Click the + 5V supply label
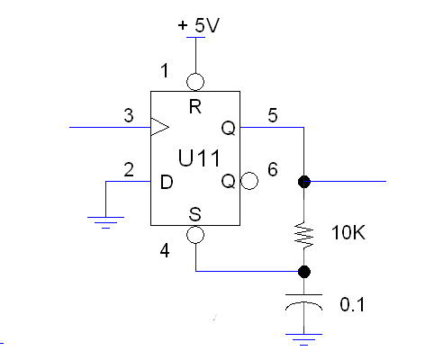(x=199, y=25)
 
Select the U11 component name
(x=199, y=157)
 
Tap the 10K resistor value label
(x=348, y=232)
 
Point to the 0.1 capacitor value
(x=352, y=304)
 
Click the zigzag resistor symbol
(x=304, y=235)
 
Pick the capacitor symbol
(x=303, y=302)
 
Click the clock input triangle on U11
(x=159, y=127)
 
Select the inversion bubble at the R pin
(x=195, y=82)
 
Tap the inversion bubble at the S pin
(x=195, y=235)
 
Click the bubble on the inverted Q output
(x=249, y=181)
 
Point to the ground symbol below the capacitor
(x=303, y=339)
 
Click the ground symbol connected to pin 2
(x=105, y=222)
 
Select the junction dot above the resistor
(x=304, y=182)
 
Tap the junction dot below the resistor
(x=304, y=272)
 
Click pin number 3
(x=129, y=115)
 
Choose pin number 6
(x=273, y=169)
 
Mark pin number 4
(x=165, y=250)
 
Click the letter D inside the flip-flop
(x=167, y=182)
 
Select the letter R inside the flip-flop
(x=195, y=106)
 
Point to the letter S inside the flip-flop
(x=195, y=214)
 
